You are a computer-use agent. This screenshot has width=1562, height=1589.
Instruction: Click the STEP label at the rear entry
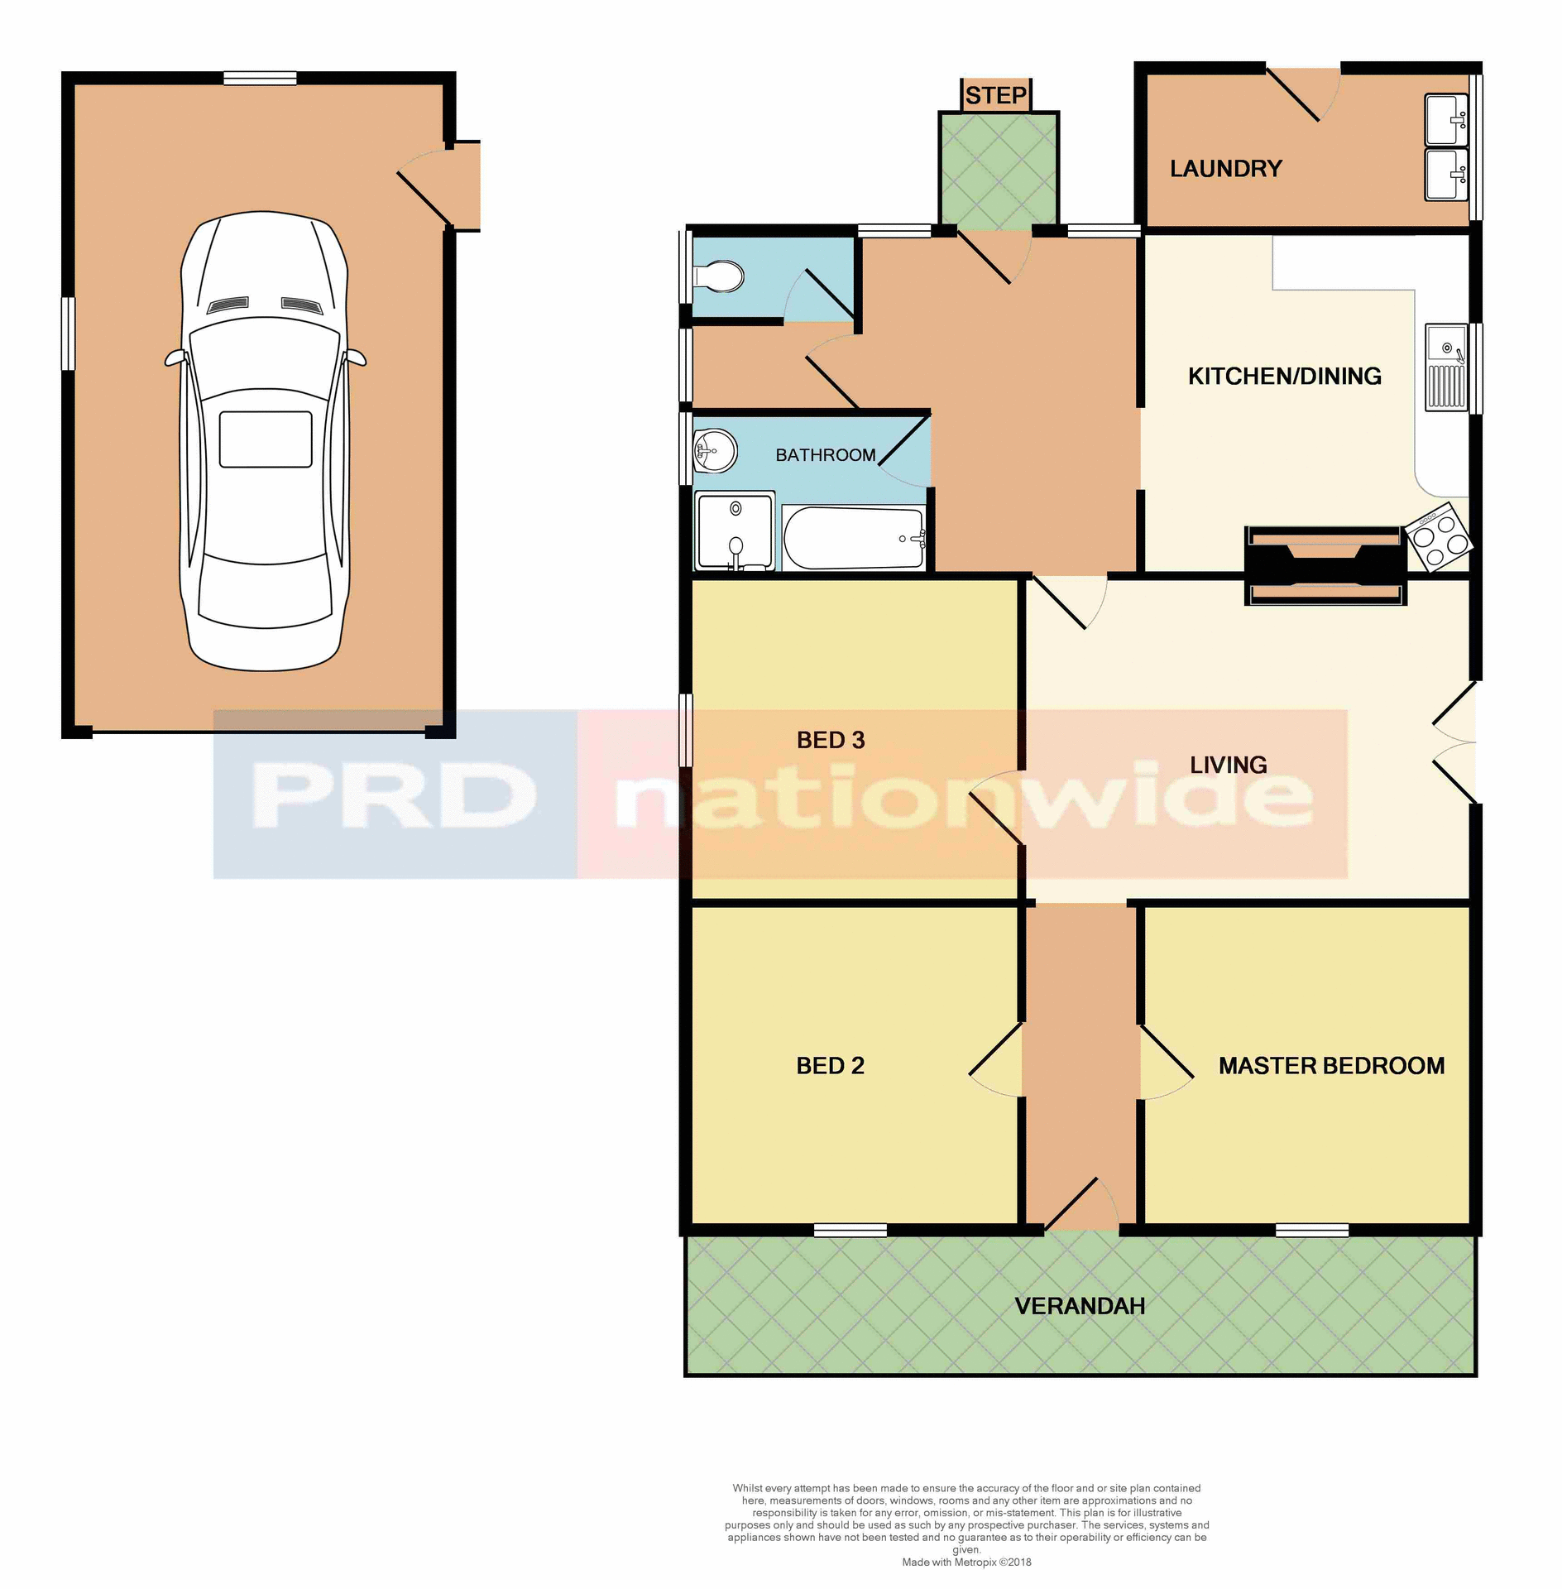pos(995,96)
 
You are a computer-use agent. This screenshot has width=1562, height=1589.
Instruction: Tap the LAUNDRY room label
pos(1225,169)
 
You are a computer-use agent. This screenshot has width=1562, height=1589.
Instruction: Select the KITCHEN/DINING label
pos(1284,377)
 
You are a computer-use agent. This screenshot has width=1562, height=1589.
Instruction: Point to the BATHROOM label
pos(825,455)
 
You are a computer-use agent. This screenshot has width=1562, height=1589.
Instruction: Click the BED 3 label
pos(830,740)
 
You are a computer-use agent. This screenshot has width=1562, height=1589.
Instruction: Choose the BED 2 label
pos(830,1066)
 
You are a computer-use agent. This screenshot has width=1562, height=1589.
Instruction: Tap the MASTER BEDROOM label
pos(1331,1066)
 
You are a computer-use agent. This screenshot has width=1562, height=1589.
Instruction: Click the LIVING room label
pos(1228,765)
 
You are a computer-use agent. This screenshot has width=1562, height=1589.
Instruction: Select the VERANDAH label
pos(1080,1306)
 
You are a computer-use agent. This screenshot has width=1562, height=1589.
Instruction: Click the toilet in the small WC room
pos(721,276)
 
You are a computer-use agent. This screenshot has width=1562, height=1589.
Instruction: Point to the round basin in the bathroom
pos(715,451)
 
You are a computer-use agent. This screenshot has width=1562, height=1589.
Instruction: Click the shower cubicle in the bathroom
pos(735,530)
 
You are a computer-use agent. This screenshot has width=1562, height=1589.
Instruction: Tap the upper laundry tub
pos(1445,119)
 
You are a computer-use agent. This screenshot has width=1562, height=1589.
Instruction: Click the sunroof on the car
pos(266,439)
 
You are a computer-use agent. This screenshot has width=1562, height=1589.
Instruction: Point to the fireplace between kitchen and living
pos(1325,565)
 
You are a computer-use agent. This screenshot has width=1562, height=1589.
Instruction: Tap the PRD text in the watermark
pos(394,794)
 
